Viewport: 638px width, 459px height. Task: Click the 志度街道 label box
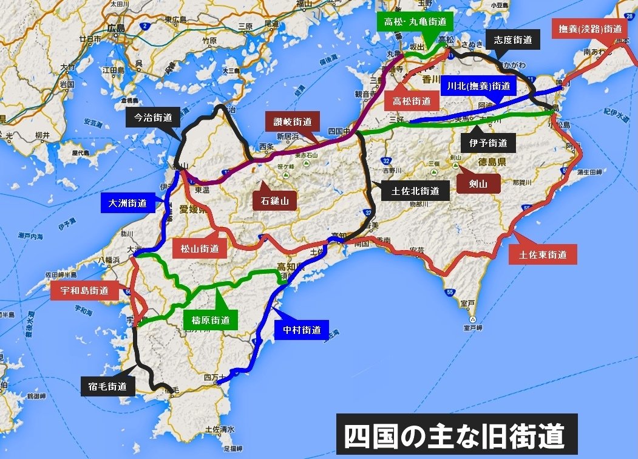pyautogui.click(x=513, y=40)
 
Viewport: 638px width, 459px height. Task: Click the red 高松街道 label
pyautogui.click(x=411, y=101)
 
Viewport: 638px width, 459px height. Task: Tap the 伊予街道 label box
pyautogui.click(x=489, y=143)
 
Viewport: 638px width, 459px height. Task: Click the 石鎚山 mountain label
pyautogui.click(x=274, y=199)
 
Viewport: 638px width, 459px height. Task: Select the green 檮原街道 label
pyautogui.click(x=209, y=320)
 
